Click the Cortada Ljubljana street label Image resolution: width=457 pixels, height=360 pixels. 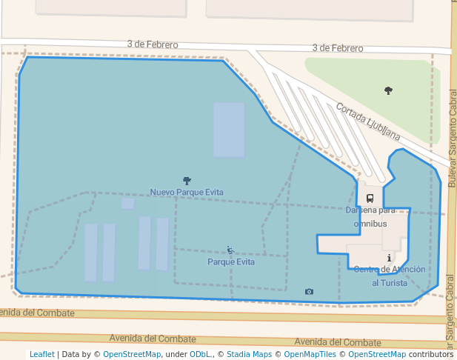coord(368,121)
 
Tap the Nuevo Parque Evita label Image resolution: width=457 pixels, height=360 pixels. coord(187,193)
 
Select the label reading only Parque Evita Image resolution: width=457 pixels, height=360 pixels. coord(231,262)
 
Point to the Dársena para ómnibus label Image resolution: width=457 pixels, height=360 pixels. coord(370,216)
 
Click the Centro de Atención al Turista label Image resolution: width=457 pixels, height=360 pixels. coord(389,276)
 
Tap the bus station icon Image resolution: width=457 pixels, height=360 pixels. coord(370,199)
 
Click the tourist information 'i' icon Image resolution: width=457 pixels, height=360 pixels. coord(390,259)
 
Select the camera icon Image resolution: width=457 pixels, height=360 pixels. coord(309,292)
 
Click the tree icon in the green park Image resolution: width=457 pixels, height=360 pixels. coord(388,90)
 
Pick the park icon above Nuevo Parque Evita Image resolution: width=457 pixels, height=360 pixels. coord(187,181)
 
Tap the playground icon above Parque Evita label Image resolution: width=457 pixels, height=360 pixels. coord(230,250)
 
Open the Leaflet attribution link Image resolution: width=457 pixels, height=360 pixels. coord(42,355)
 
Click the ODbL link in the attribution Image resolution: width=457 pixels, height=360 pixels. coord(200,355)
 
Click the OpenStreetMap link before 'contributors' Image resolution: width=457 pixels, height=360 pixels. coord(377,355)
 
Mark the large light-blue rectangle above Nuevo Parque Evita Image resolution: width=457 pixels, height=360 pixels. coord(229,130)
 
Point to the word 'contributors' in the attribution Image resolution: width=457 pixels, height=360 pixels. coord(430,355)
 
